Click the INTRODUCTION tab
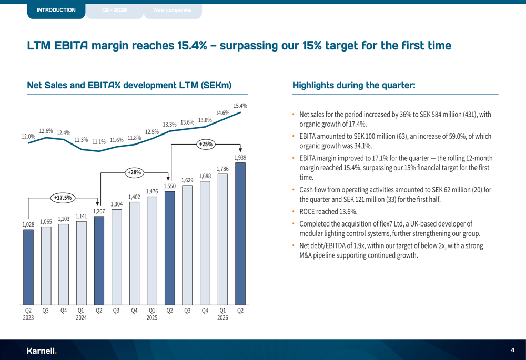point(56,11)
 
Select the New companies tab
point(173,11)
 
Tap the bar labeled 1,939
point(240,234)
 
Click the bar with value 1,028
point(28,267)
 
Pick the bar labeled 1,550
point(170,248)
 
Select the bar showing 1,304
point(117,257)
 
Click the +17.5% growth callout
point(63,198)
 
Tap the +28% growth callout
point(134,172)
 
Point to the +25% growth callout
point(206,145)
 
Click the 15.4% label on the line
point(240,106)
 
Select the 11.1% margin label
point(99,142)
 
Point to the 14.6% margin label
point(222,114)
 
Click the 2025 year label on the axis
point(152,318)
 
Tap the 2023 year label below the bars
point(28,318)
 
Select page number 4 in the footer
point(512,351)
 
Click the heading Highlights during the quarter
point(354,85)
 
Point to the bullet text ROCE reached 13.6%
point(328,212)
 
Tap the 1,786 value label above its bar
point(222,169)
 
